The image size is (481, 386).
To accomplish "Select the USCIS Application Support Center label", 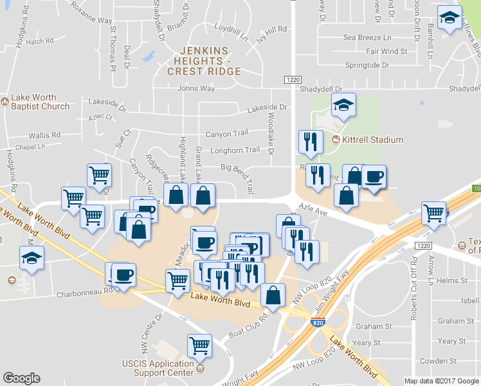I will (x=158, y=368).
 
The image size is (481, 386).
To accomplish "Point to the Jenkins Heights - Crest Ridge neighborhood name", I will (x=203, y=60).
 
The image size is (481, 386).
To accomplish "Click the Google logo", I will (x=21, y=378).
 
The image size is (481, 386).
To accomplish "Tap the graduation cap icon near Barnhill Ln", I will (x=450, y=17).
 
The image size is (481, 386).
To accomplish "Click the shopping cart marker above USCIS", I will (x=199, y=345).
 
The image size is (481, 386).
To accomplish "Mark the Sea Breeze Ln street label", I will (x=367, y=38).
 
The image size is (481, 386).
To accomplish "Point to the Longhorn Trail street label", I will (x=240, y=150).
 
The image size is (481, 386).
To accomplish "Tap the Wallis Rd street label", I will (x=44, y=136).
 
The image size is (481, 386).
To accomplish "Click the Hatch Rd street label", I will (x=40, y=41).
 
